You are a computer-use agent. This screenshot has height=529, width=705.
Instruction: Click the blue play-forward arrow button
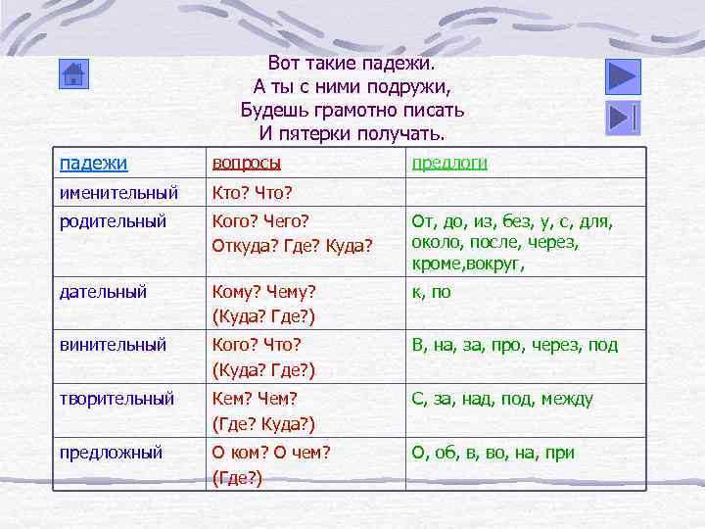[623, 75]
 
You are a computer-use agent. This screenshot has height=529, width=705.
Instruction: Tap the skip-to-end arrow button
[623, 118]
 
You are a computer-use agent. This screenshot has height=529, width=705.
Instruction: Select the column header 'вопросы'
[247, 163]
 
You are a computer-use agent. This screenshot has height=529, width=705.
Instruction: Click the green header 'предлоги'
[449, 163]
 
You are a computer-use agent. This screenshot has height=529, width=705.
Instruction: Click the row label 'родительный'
[113, 221]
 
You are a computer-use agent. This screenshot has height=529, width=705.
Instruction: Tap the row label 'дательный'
[103, 291]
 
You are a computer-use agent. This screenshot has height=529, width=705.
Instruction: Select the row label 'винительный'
[113, 345]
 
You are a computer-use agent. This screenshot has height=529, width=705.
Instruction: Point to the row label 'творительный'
[117, 399]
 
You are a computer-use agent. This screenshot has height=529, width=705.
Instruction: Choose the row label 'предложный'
[111, 453]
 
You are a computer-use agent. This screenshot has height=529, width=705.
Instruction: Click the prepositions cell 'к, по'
[432, 291]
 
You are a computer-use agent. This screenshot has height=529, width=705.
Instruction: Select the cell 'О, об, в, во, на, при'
[493, 453]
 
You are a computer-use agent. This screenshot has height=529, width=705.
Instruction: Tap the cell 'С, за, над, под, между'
[502, 399]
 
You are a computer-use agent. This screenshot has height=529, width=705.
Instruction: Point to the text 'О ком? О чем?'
[272, 453]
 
